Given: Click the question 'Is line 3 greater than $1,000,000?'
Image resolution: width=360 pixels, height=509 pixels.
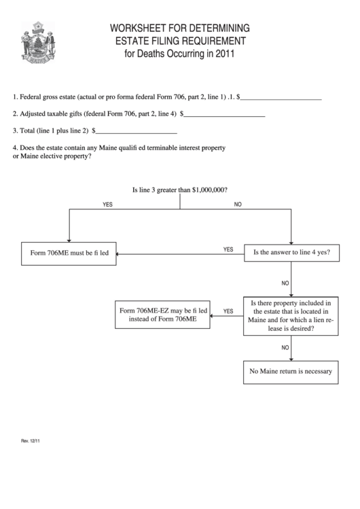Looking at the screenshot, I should (179, 191).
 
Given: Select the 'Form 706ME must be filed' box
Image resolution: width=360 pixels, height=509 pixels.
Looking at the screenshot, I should (69, 253).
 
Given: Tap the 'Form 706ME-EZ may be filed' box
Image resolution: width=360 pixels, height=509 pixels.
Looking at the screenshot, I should (163, 315).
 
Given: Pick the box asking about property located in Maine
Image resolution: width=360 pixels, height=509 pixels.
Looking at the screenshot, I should (291, 316).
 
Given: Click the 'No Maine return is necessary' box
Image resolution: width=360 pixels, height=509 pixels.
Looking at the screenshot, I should (291, 371).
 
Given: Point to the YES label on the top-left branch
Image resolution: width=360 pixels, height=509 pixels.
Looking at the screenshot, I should (107, 205).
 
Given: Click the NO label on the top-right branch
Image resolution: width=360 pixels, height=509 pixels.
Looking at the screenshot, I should (238, 205).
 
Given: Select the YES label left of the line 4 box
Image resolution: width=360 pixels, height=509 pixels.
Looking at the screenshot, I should (228, 249).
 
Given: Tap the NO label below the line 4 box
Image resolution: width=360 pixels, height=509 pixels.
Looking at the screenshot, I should (285, 283).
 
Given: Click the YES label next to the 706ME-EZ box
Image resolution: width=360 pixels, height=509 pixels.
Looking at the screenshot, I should (228, 311).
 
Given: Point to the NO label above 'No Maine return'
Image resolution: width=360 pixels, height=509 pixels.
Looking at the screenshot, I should (285, 347).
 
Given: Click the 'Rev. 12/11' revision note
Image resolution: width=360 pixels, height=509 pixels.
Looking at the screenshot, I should (31, 441).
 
